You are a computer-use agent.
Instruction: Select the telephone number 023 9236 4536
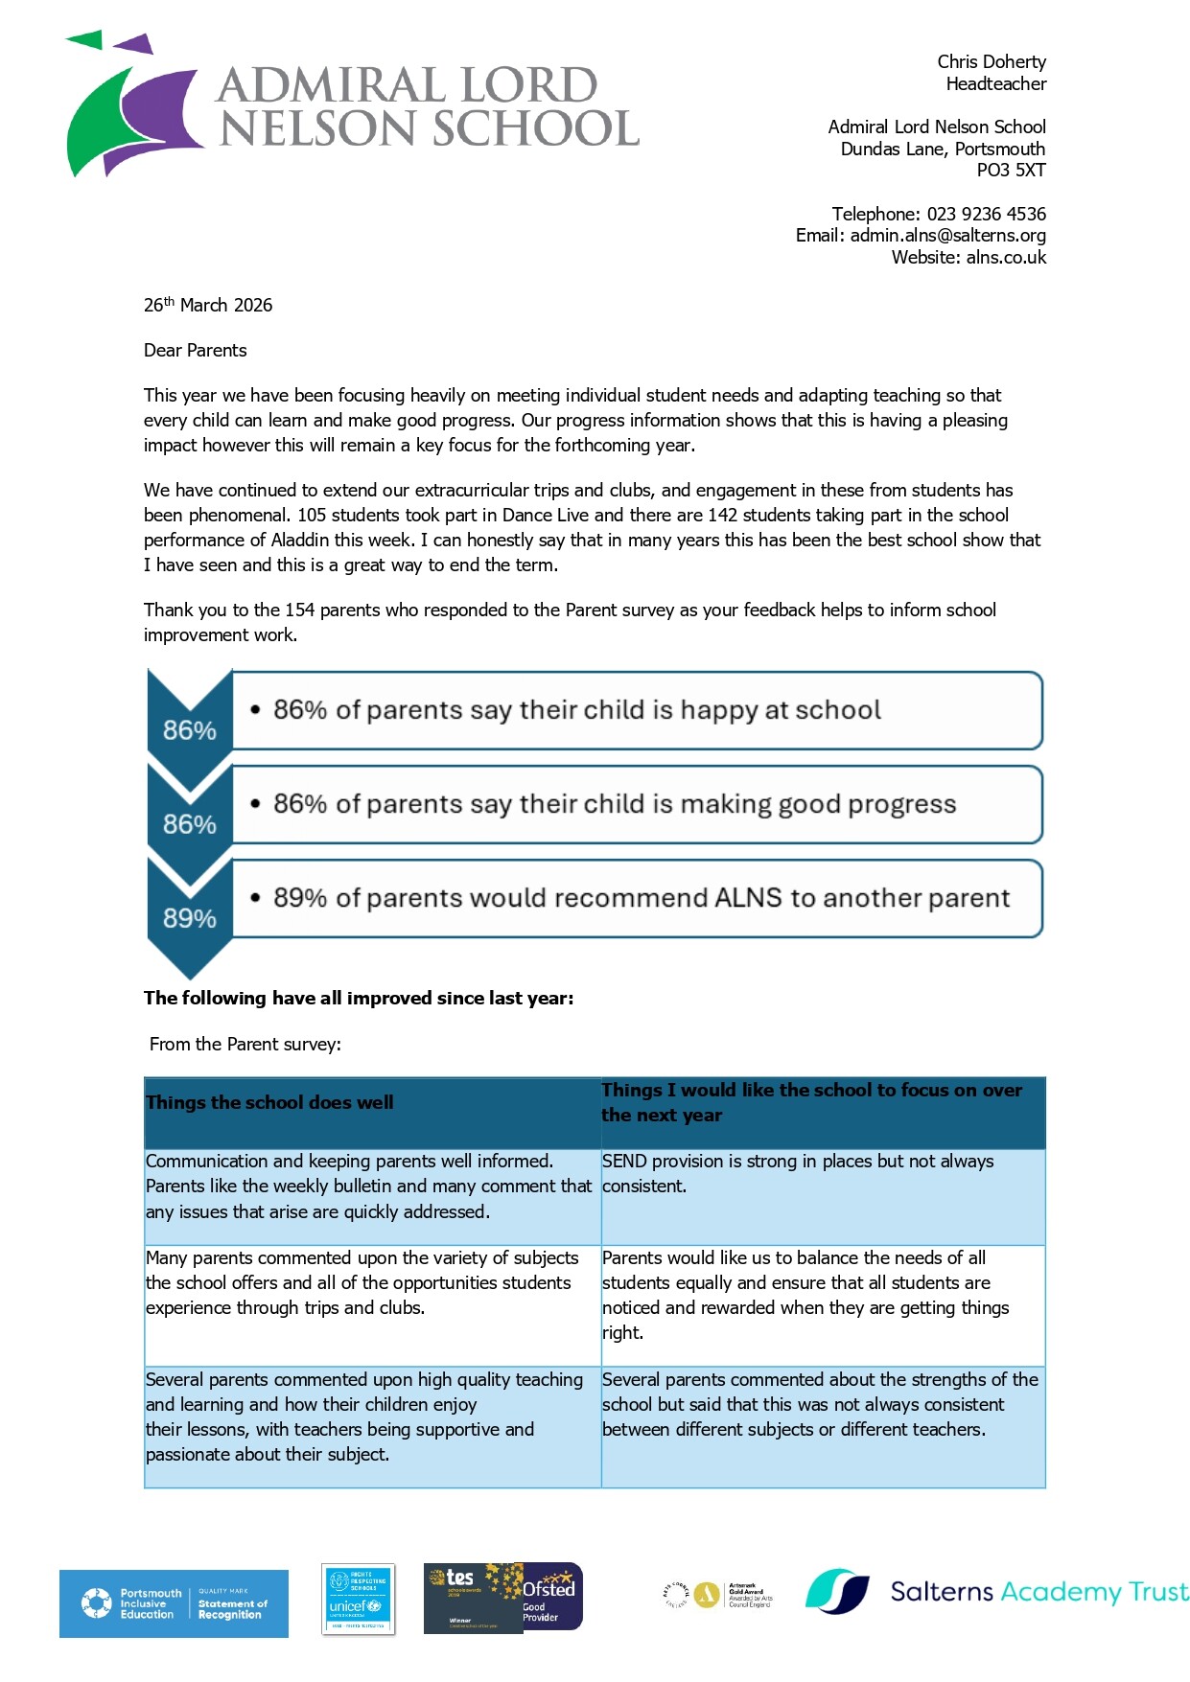tap(986, 214)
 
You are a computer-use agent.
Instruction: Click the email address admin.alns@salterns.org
tap(947, 236)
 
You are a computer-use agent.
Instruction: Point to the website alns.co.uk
tap(1006, 258)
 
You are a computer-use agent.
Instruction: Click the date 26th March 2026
tap(208, 306)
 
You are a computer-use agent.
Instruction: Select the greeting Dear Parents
tap(195, 351)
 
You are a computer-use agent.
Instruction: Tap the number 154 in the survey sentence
tap(299, 611)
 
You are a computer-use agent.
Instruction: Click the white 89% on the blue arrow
tap(189, 918)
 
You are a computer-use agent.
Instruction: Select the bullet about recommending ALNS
tap(641, 898)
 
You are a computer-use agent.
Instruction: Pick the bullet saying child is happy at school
tap(576, 710)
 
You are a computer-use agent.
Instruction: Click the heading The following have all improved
tap(359, 999)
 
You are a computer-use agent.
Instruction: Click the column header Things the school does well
tap(269, 1103)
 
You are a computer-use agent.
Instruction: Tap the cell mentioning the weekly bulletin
tap(368, 1187)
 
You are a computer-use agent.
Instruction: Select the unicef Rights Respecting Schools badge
tap(358, 1599)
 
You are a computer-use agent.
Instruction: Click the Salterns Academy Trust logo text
tap(1038, 1592)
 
